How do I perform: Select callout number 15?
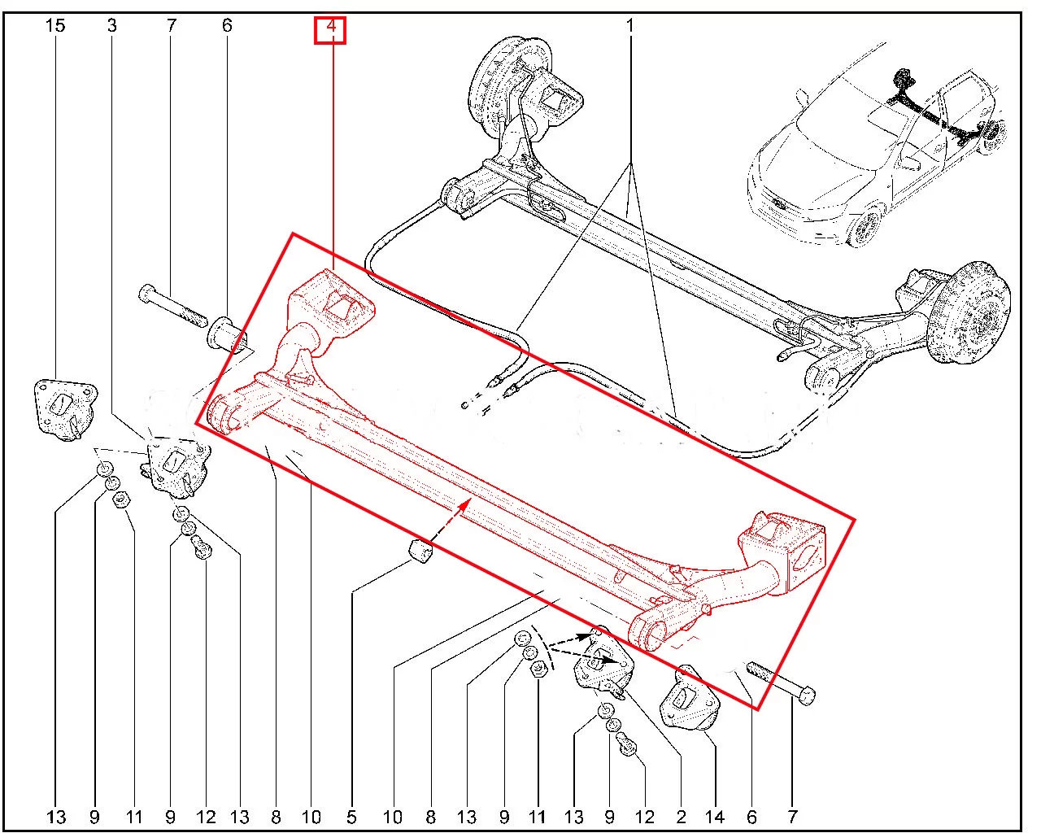click(55, 26)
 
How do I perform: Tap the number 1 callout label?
click(629, 26)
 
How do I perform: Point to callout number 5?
click(351, 817)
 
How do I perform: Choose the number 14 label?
click(714, 817)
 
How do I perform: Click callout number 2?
click(681, 817)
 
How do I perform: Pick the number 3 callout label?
click(111, 26)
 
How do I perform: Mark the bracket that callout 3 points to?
click(173, 467)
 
